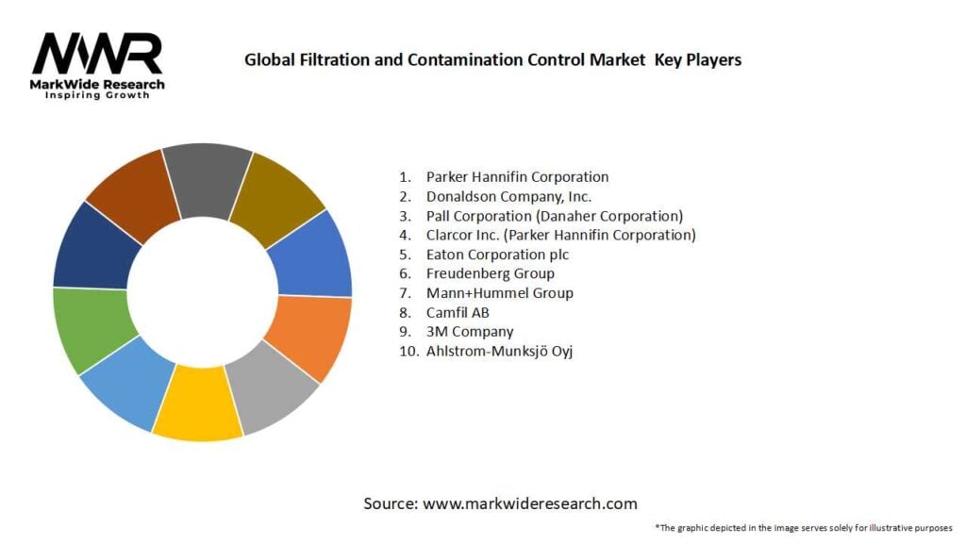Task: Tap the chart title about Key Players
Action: coord(492,60)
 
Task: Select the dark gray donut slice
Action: coord(208,178)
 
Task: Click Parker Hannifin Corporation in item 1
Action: coord(517,177)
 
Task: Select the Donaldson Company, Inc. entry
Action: coord(508,197)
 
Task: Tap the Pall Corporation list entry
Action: coord(554,216)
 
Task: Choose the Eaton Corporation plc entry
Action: coord(497,255)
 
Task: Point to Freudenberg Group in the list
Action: coord(490,273)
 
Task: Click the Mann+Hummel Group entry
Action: coord(499,293)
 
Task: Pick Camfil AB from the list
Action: coord(458,312)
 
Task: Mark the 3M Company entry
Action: coord(470,332)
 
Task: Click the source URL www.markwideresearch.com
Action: coord(529,503)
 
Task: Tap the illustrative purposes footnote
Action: coord(803,527)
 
